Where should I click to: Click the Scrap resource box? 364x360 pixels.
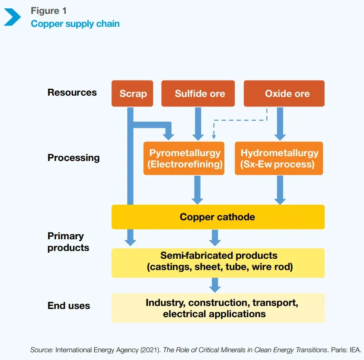coord(133,93)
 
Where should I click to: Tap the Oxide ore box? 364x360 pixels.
coord(284,93)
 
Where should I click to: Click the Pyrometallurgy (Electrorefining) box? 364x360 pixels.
coord(184,158)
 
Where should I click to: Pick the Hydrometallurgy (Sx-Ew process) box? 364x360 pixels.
coord(279,158)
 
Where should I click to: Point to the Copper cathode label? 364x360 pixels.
coord(217,217)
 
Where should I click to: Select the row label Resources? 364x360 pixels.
coord(72,93)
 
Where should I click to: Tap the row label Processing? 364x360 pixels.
coord(73,158)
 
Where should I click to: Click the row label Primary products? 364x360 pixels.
coord(68,242)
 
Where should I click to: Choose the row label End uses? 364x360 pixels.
coord(69,306)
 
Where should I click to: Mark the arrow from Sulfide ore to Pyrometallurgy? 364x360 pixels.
coord(198,124)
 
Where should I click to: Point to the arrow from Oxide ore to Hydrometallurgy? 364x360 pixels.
coord(280,124)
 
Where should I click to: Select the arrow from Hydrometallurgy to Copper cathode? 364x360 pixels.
coord(280,190)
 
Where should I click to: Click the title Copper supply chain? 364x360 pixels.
coord(75,23)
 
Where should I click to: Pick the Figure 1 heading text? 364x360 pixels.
coord(49,11)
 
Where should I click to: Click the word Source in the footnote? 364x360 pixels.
coord(42,350)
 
